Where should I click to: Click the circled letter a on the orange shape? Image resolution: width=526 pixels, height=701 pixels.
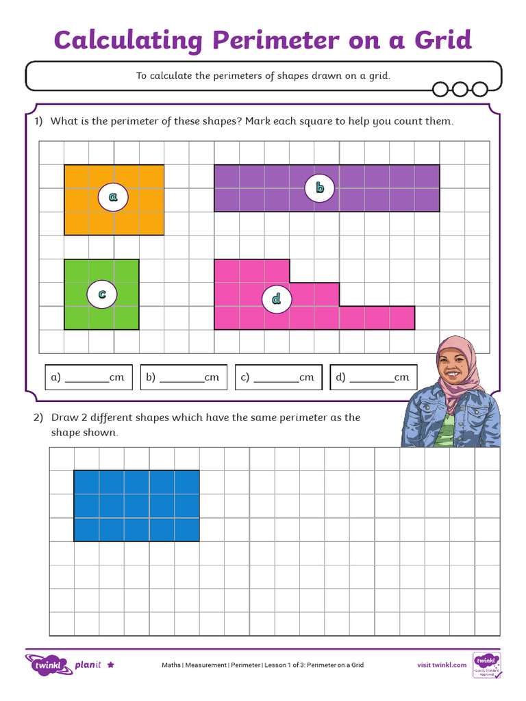(113, 197)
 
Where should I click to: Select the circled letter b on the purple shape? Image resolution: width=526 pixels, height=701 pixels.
(319, 188)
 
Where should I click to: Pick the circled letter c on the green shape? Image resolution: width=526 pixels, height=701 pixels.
(101, 294)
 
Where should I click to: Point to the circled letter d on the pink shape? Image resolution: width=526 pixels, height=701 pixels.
(277, 299)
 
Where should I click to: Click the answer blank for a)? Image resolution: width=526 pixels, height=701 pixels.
(87, 377)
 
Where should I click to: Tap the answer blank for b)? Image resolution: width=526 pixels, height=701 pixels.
(182, 377)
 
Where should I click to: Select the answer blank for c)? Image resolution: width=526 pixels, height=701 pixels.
(276, 377)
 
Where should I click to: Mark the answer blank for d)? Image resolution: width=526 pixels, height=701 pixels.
(371, 377)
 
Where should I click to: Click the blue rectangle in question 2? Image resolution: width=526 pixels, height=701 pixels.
(136, 505)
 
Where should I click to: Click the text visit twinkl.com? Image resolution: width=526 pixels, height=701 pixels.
(442, 665)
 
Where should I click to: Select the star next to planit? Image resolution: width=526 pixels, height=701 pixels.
(111, 665)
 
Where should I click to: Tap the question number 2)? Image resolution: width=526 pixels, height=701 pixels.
(39, 418)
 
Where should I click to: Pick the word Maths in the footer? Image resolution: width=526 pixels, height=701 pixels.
(171, 665)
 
